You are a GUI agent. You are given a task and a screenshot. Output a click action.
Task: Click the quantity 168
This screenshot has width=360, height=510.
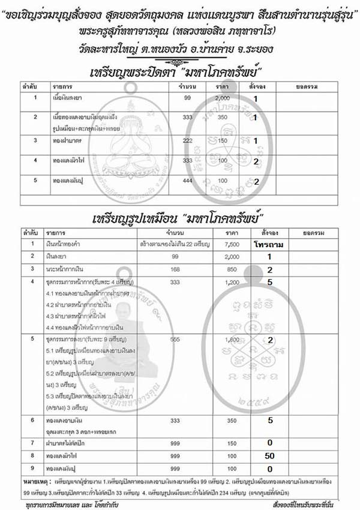(175, 269)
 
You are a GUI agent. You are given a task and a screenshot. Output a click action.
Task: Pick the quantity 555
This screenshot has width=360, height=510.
(175, 340)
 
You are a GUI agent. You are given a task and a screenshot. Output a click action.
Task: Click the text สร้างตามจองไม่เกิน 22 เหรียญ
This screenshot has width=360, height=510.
(175, 244)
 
